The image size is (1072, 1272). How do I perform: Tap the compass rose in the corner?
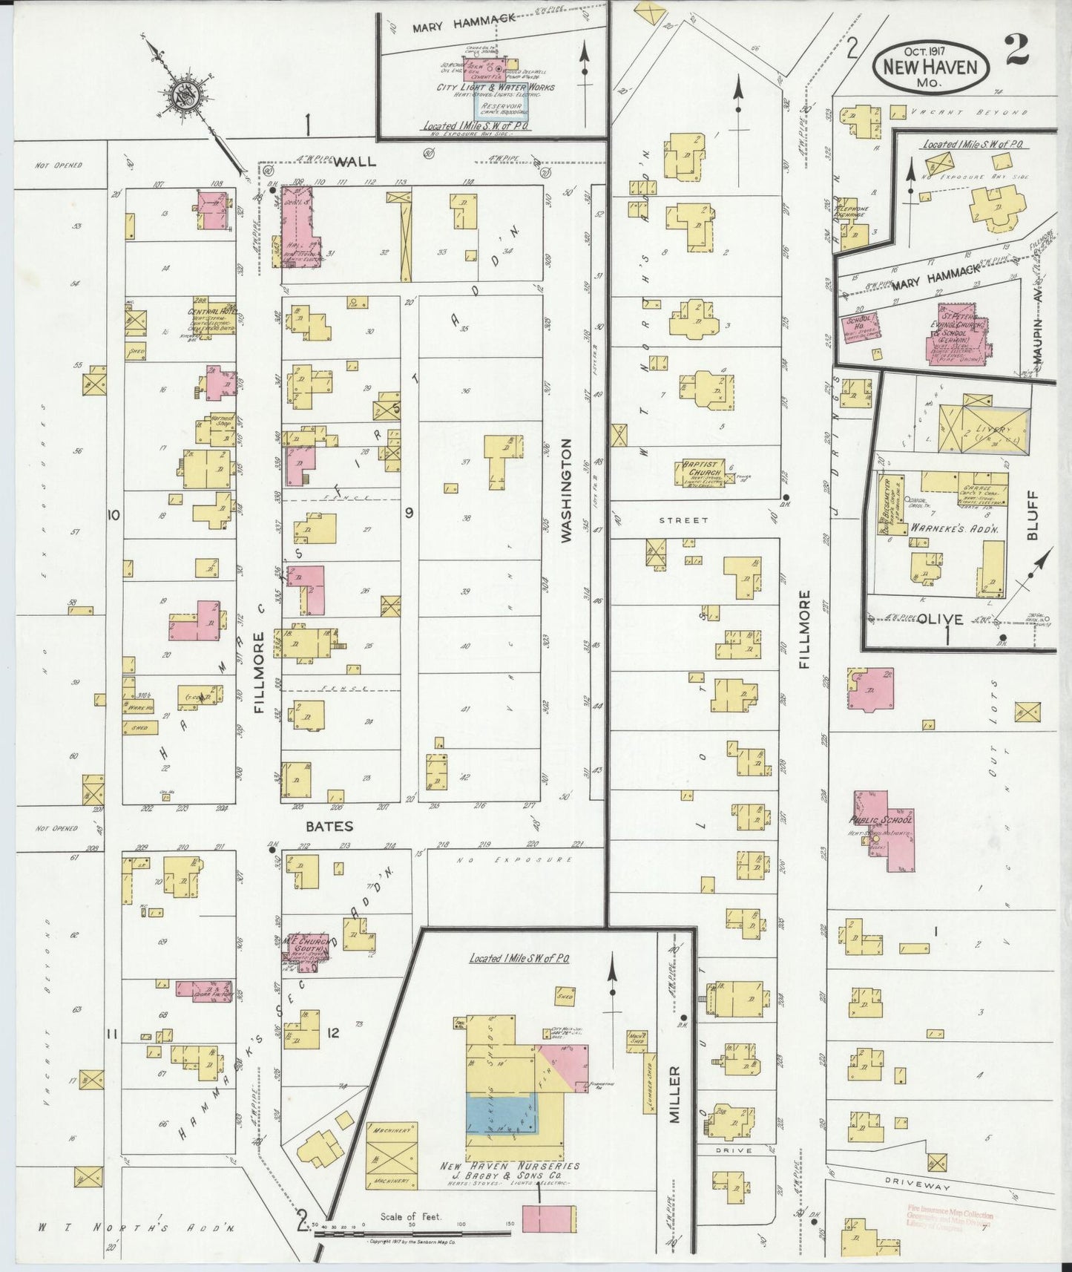tap(182, 96)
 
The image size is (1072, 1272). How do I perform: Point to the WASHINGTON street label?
tap(568, 491)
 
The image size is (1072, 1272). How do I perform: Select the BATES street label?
tap(328, 826)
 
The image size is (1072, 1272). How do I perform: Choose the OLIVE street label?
tap(940, 618)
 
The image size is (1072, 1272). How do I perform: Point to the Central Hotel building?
tap(211, 318)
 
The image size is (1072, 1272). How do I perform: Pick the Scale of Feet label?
tap(411, 1216)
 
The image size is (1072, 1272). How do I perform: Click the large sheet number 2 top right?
tap(1016, 50)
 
